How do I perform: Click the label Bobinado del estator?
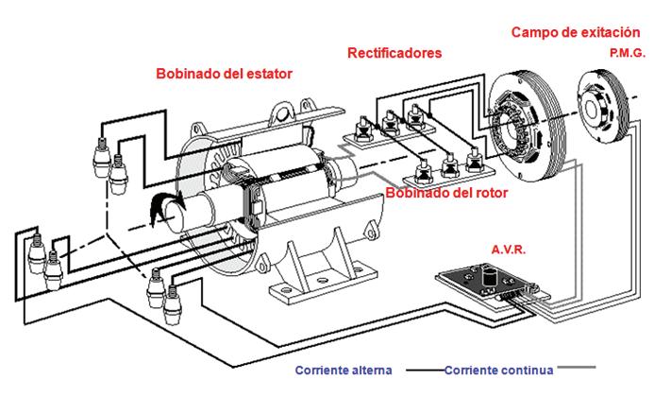(x=224, y=73)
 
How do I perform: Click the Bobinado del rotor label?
(x=448, y=193)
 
